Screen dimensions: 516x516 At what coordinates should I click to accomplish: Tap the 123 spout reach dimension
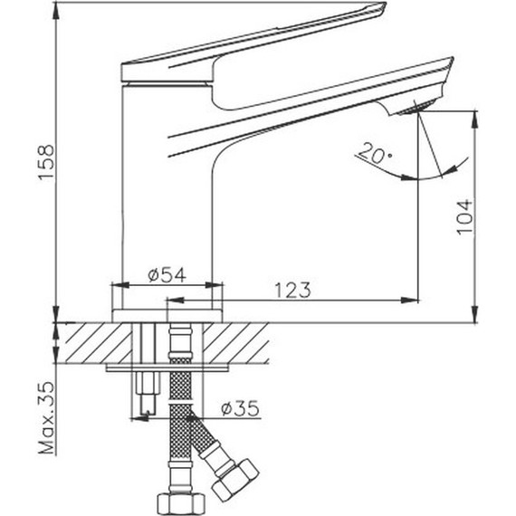pos(292,290)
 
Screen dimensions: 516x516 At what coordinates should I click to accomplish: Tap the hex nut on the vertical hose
pos(177,503)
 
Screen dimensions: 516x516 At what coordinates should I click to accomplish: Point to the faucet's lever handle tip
pos(376,10)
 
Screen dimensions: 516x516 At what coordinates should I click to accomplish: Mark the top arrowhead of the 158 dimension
pos(55,8)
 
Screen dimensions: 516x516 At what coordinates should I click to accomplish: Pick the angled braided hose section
pos(205,441)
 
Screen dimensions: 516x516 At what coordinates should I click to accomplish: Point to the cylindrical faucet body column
pos(166,181)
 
